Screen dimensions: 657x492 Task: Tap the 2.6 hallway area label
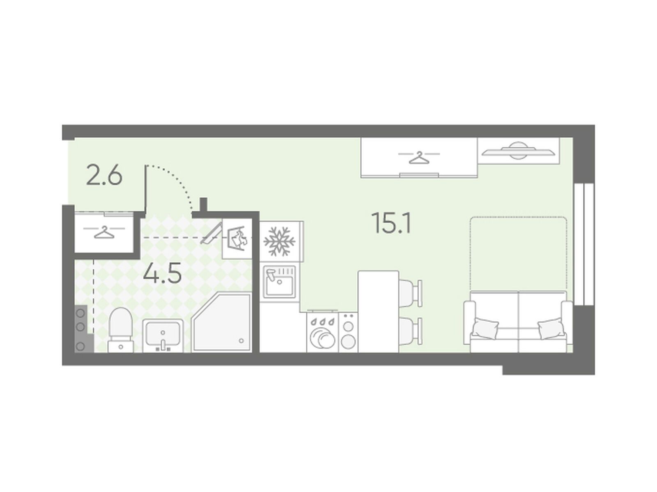pyautogui.click(x=104, y=176)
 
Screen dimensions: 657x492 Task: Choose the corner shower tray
pyautogui.click(x=222, y=323)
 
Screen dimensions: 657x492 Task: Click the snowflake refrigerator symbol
pyautogui.click(x=279, y=241)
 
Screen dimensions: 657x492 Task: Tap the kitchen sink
pyautogui.click(x=279, y=282)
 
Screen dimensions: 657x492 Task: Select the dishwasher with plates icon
pyautogui.click(x=322, y=332)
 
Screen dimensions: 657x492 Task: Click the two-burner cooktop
pyautogui.click(x=348, y=332)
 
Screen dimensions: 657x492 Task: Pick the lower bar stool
pyautogui.click(x=410, y=331)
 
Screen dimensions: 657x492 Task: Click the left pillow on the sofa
pyautogui.click(x=485, y=328)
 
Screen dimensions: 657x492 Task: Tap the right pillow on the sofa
pyautogui.click(x=551, y=328)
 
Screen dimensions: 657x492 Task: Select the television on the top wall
pyautogui.click(x=518, y=151)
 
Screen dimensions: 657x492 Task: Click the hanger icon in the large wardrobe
pyautogui.click(x=419, y=158)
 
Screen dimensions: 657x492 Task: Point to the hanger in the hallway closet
pyautogui.click(x=104, y=232)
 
